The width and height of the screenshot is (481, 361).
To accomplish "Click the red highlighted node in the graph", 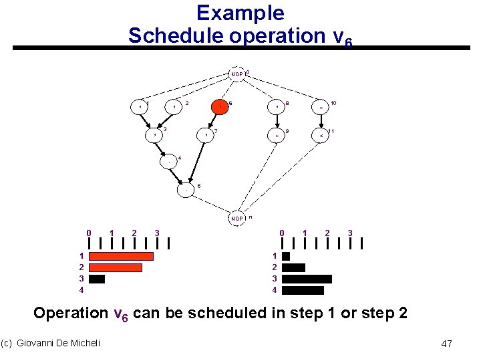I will tap(220, 106).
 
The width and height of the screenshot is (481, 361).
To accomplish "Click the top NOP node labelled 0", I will tap(236, 74).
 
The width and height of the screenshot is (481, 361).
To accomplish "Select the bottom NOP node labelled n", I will tap(236, 218).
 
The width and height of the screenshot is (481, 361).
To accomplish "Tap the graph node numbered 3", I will tap(155, 135).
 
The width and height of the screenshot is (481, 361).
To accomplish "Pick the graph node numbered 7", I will tap(207, 135).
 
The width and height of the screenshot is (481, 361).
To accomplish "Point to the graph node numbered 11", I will tap(321, 135).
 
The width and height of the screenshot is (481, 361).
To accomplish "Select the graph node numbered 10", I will tap(321, 106).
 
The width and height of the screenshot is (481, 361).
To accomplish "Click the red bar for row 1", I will tap(121, 256).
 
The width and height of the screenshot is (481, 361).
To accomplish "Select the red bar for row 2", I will tap(116, 267).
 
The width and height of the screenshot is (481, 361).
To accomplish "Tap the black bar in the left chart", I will tap(97, 279).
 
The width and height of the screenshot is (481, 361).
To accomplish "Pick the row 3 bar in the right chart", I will tap(307, 279).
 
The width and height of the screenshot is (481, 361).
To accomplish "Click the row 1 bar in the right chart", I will tap(286, 256).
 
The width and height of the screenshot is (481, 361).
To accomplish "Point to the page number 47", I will tap(447, 344).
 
